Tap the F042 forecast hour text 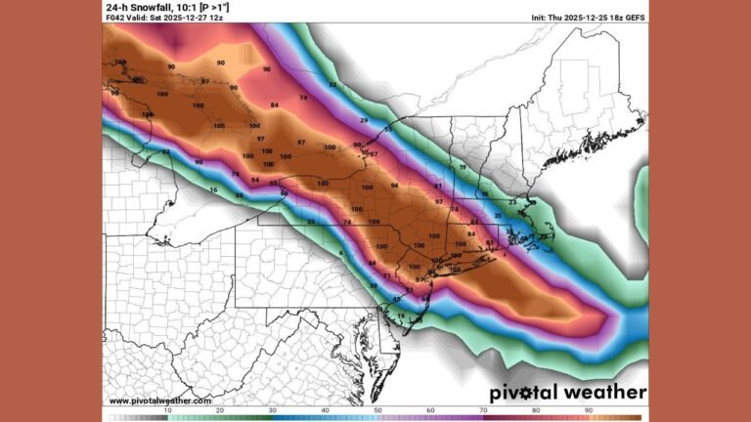click(114, 18)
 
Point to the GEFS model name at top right click(635, 18)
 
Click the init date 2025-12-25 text click(581, 18)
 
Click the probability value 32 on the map click(331, 85)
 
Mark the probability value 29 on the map click(365, 119)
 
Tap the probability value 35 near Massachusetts click(498, 215)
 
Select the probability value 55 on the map click(387, 129)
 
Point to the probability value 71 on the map click(387, 276)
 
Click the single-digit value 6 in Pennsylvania click(341, 253)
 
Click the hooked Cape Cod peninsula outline click(541, 228)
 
